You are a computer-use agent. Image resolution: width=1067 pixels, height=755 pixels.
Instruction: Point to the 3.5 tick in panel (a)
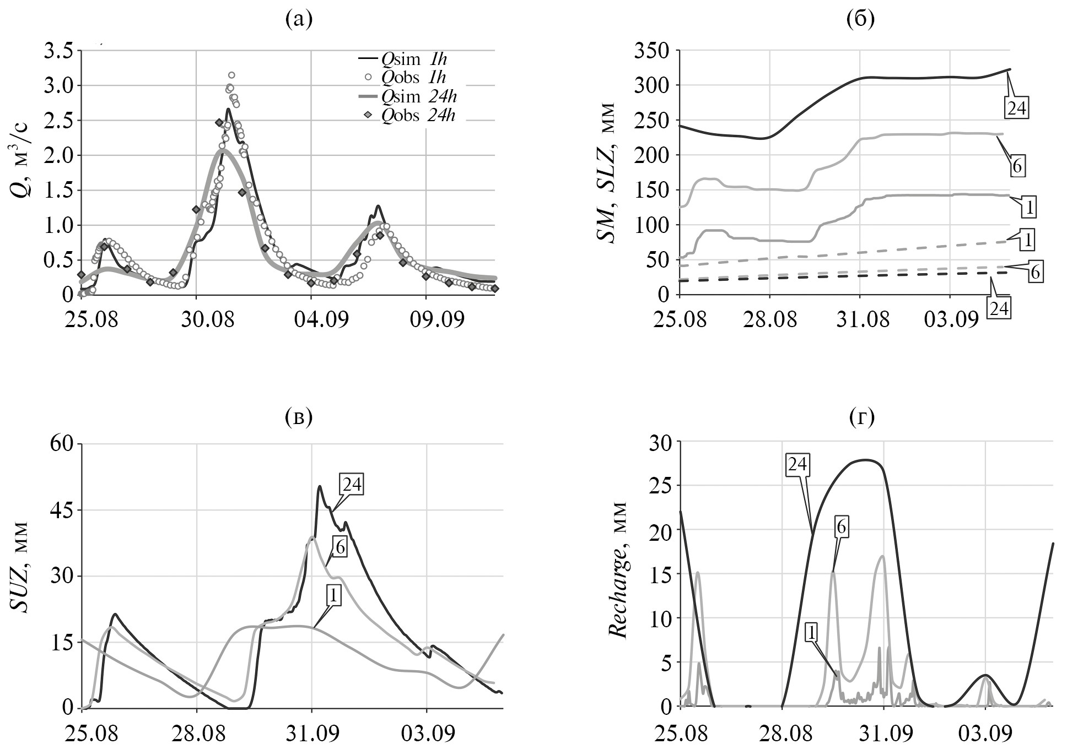(59, 51)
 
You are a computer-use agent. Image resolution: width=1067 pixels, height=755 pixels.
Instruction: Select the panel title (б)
(860, 20)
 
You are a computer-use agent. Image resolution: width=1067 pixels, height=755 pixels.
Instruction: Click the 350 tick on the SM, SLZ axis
(651, 51)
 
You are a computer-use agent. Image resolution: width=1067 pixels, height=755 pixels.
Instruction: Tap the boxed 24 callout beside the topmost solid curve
(1016, 108)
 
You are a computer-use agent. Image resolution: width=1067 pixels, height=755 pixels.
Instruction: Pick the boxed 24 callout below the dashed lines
(999, 309)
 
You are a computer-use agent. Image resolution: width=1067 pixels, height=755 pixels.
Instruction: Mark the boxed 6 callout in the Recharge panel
(841, 528)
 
